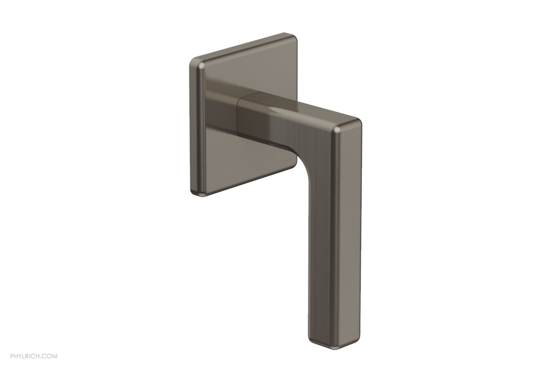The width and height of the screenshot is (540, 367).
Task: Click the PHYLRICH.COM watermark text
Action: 29,357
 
